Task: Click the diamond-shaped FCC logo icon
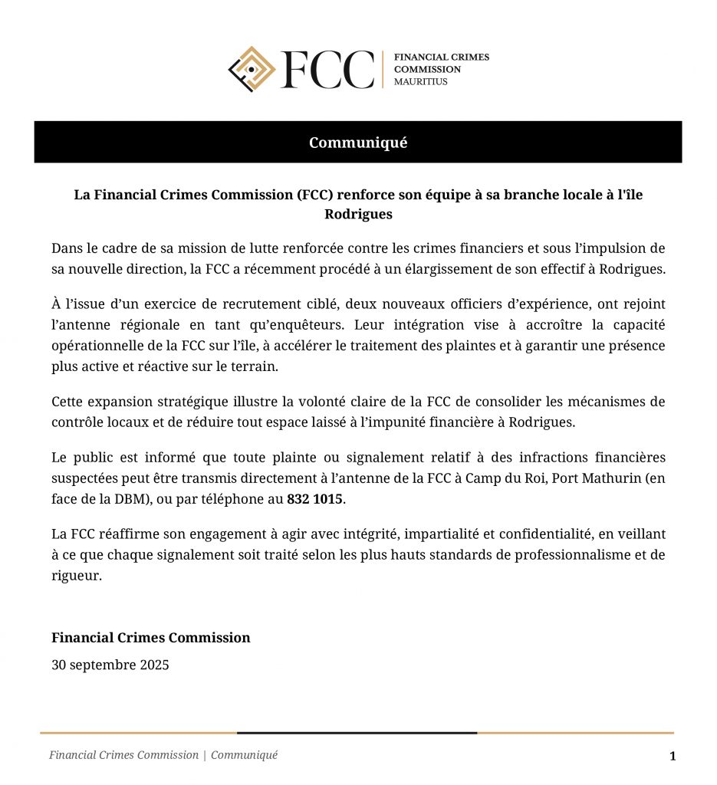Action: click(x=252, y=69)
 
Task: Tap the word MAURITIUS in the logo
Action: click(x=420, y=81)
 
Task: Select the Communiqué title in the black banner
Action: click(x=358, y=143)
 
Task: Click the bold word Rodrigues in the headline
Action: click(x=358, y=214)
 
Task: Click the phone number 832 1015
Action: click(x=316, y=499)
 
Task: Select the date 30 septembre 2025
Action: click(x=110, y=665)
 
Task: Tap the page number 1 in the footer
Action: click(x=673, y=757)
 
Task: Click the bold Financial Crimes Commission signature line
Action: click(x=150, y=638)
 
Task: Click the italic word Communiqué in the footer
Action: click(x=245, y=755)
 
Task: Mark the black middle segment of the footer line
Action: click(x=357, y=733)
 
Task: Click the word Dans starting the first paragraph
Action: click(x=66, y=248)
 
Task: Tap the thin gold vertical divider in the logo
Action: click(x=383, y=70)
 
